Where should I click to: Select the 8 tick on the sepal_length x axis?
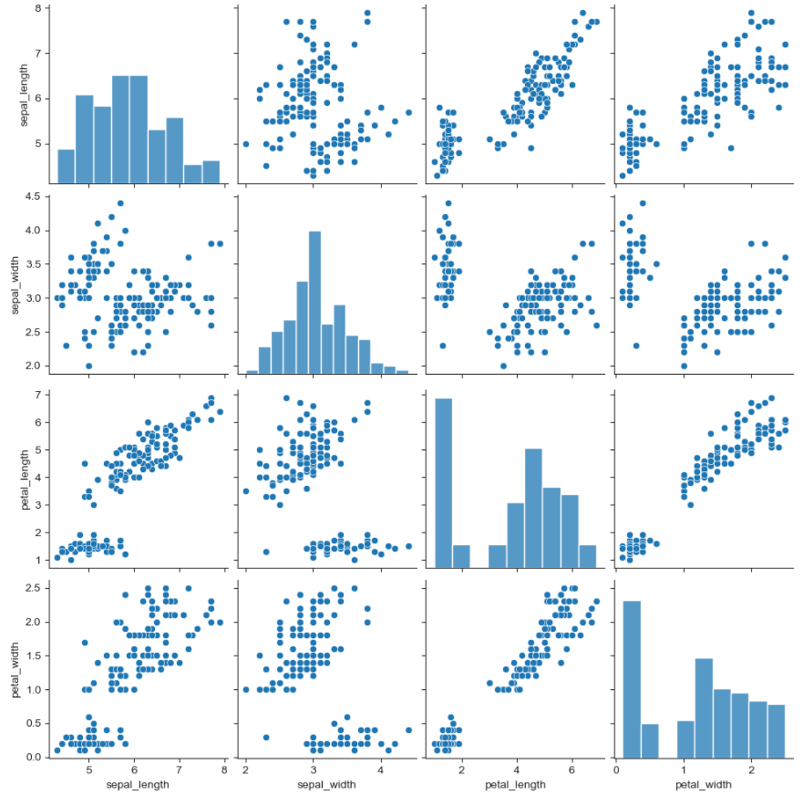pos(224,769)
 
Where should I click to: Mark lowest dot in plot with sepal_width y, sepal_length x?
pos(88,366)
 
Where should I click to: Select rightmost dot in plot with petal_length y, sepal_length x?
pos(220,411)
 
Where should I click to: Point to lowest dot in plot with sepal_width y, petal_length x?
pos(503,366)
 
